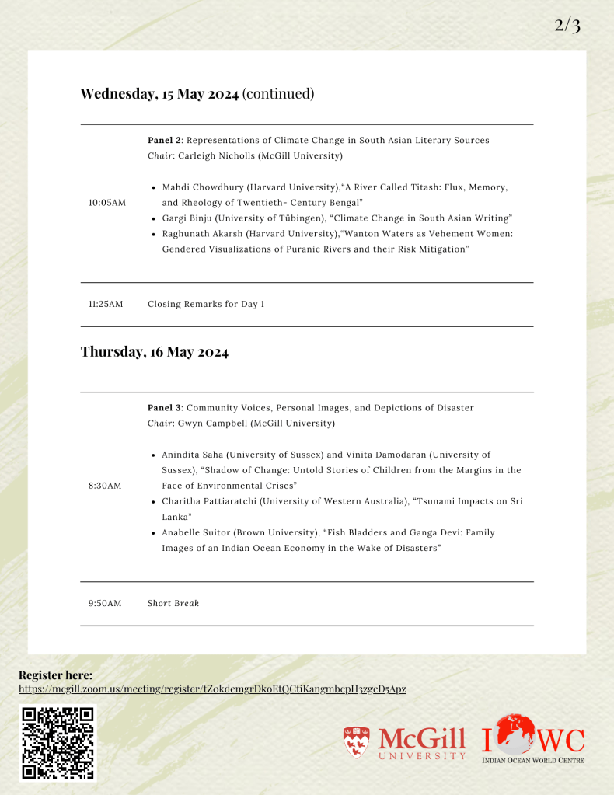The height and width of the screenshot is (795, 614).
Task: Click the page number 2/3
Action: click(567, 25)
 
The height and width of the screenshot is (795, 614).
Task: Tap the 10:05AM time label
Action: click(106, 203)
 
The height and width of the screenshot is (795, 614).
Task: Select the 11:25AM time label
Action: click(106, 304)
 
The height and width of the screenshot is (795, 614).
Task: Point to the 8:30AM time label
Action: click(105, 486)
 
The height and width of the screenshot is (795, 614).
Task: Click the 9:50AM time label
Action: click(105, 603)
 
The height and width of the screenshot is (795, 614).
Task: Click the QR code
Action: click(58, 742)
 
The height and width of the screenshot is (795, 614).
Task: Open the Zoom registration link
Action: click(212, 689)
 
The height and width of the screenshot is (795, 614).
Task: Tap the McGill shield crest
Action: click(357, 742)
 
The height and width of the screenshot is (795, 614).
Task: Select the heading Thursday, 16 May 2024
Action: click(155, 352)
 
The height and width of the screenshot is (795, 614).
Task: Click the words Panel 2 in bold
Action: click(164, 140)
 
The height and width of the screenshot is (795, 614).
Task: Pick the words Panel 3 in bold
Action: click(164, 407)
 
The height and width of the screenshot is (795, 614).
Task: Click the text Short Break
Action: click(173, 603)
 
